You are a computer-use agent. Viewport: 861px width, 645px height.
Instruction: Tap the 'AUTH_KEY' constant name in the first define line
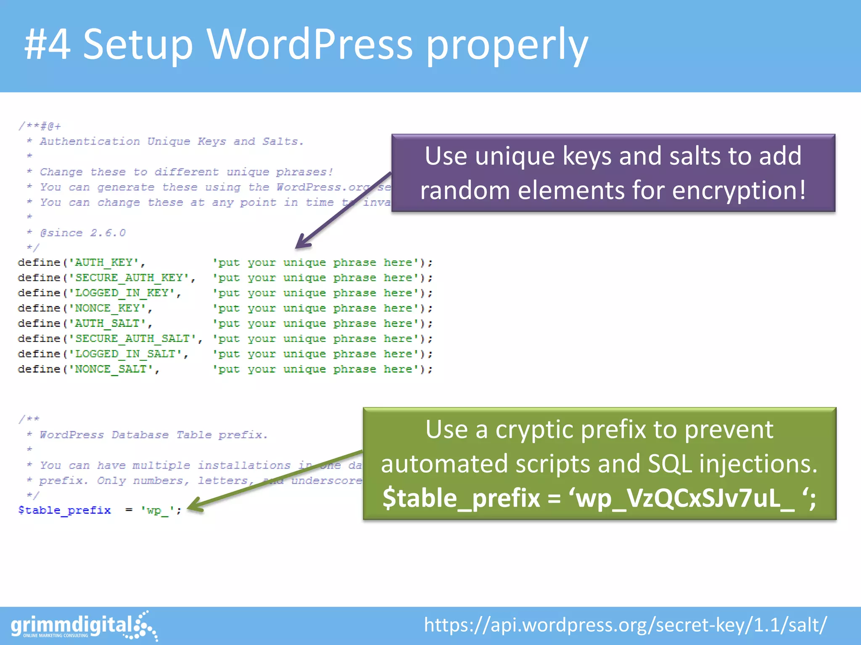(104, 263)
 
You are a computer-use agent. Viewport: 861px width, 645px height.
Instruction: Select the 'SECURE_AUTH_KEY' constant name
(129, 278)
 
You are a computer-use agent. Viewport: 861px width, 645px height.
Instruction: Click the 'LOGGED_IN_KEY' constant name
(121, 293)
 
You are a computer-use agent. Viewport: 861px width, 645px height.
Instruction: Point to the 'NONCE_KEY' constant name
(107, 308)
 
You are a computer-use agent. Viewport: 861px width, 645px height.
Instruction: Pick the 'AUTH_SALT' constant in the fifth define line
(107, 323)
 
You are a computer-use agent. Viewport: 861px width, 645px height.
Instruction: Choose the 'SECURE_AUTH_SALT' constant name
(132, 339)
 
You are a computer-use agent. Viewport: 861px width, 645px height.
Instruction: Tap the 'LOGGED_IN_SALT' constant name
(125, 354)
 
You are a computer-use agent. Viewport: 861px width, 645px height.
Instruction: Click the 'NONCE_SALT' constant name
(111, 369)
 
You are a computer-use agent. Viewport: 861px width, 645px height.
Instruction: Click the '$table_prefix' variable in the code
(64, 510)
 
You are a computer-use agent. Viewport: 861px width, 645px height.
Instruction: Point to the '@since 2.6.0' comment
(83, 233)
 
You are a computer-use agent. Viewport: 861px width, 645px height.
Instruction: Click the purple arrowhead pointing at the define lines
(302, 243)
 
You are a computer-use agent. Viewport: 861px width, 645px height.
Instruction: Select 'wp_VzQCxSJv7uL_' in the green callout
(685, 498)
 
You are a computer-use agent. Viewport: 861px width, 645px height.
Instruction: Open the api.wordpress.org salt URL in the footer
(625, 625)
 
